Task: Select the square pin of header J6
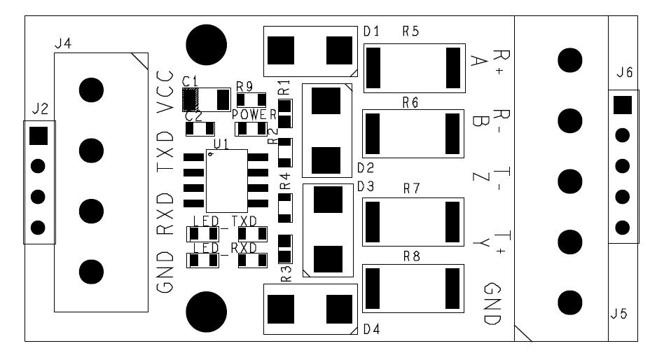pos(622,105)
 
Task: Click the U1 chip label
pos(221,144)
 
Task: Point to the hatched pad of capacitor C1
pos(190,99)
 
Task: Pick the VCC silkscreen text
pos(165,92)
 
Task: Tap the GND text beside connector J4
pos(165,277)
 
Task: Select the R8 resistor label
pos(412,257)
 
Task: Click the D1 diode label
pos(371,32)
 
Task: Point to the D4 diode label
pos(371,329)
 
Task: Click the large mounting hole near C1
pos(207,44)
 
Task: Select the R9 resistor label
pos(244,86)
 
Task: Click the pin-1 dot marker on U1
pos(211,155)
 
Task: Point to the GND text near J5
pos(493,303)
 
